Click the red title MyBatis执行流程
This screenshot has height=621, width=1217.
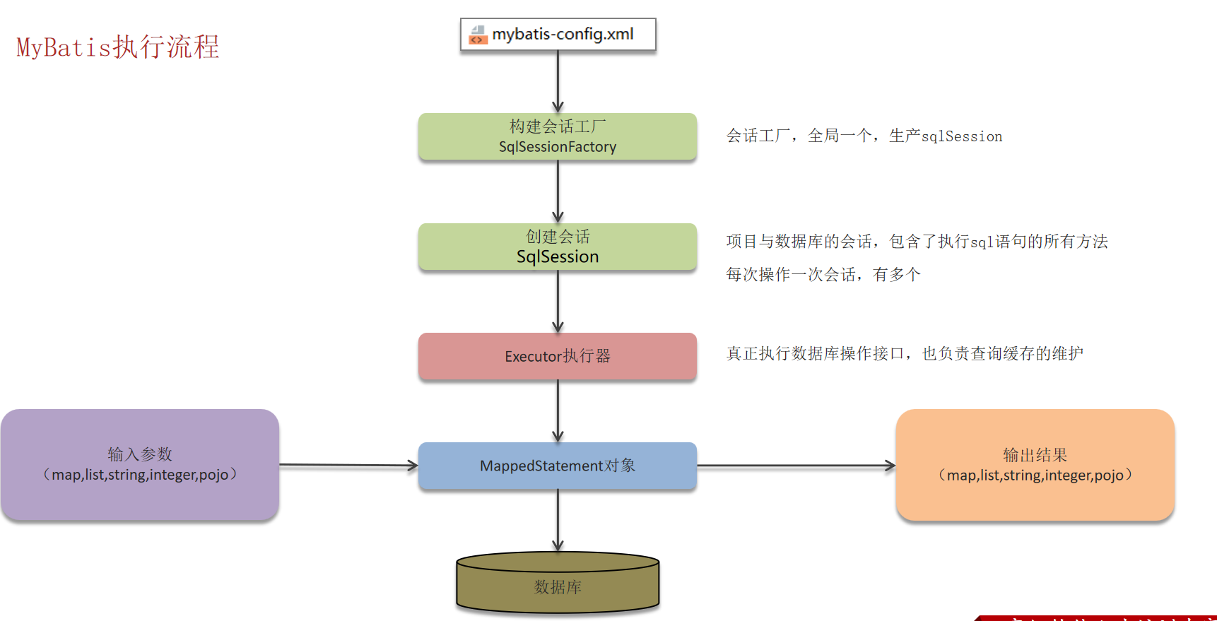(x=118, y=47)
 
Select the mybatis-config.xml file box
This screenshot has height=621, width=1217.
(x=558, y=34)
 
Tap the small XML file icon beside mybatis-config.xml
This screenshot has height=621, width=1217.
(x=478, y=35)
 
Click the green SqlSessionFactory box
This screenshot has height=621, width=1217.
(x=557, y=136)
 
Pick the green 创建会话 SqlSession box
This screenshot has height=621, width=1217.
(x=557, y=247)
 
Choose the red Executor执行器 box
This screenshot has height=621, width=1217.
(x=557, y=356)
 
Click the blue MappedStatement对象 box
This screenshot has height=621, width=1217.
(x=557, y=466)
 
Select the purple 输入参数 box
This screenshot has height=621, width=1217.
(x=140, y=464)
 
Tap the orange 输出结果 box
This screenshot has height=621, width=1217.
(x=1035, y=465)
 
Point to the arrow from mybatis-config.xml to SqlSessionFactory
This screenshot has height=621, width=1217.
(x=558, y=81)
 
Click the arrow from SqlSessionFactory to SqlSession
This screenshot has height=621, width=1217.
(x=558, y=191)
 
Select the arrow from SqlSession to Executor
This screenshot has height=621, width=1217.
(x=558, y=302)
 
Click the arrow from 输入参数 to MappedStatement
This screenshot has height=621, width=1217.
(x=348, y=465)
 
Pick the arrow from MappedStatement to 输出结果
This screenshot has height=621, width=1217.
(x=796, y=466)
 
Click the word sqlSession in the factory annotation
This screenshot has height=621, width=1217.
(x=962, y=136)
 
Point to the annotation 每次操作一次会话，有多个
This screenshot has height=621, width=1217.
(x=823, y=274)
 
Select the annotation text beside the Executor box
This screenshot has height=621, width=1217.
(x=905, y=353)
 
